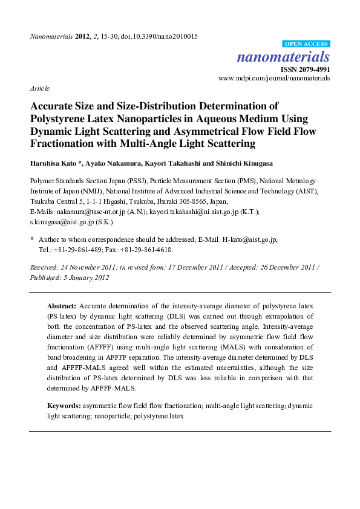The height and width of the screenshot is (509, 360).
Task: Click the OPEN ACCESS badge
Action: click(x=306, y=44)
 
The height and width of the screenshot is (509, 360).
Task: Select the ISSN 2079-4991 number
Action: click(x=308, y=69)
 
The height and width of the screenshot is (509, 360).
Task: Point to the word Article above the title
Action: click(x=40, y=88)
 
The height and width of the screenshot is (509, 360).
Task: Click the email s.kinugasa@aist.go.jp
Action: click(x=61, y=222)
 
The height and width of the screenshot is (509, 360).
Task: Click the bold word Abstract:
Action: click(x=62, y=306)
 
